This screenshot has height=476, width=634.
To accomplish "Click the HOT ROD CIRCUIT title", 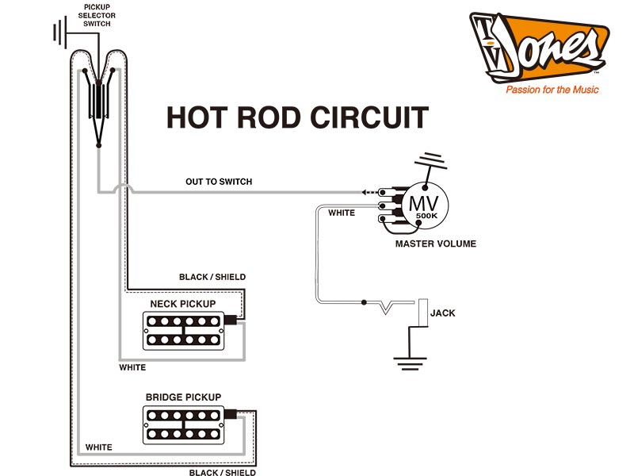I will (297, 117).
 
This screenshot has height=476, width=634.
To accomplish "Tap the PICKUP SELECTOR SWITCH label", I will (96, 15).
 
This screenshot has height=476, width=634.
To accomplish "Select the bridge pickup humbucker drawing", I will (183, 424).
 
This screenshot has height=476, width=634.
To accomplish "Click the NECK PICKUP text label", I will (183, 304).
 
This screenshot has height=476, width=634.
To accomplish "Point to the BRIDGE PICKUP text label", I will (183, 397).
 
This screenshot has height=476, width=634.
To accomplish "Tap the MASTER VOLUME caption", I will (436, 244).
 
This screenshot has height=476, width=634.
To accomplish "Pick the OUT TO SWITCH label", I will (219, 182).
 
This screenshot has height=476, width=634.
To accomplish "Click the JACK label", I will (442, 313).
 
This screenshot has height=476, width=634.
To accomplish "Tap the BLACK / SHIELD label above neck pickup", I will (212, 277).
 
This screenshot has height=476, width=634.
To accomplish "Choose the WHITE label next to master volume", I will (342, 213).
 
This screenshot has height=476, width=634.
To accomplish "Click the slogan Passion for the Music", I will (552, 90).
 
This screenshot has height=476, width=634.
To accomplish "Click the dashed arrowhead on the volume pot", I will (365, 192).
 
